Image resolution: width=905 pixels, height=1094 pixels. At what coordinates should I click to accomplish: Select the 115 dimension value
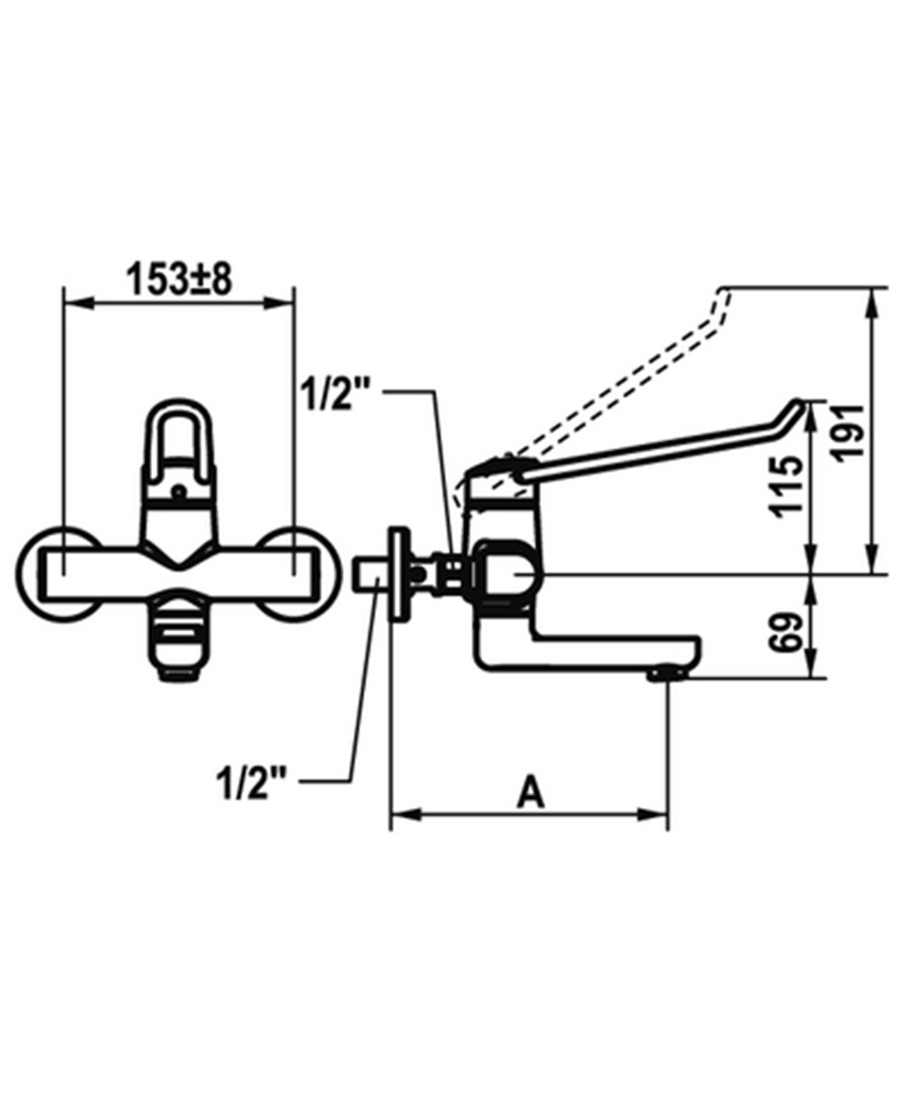point(789,486)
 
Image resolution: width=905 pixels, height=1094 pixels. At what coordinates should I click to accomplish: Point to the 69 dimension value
point(786,633)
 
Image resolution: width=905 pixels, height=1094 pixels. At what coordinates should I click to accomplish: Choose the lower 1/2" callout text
point(252,782)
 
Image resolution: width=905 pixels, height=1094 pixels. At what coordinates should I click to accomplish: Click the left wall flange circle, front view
point(20,575)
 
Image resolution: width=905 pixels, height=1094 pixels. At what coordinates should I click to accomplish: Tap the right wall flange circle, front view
point(338,575)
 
